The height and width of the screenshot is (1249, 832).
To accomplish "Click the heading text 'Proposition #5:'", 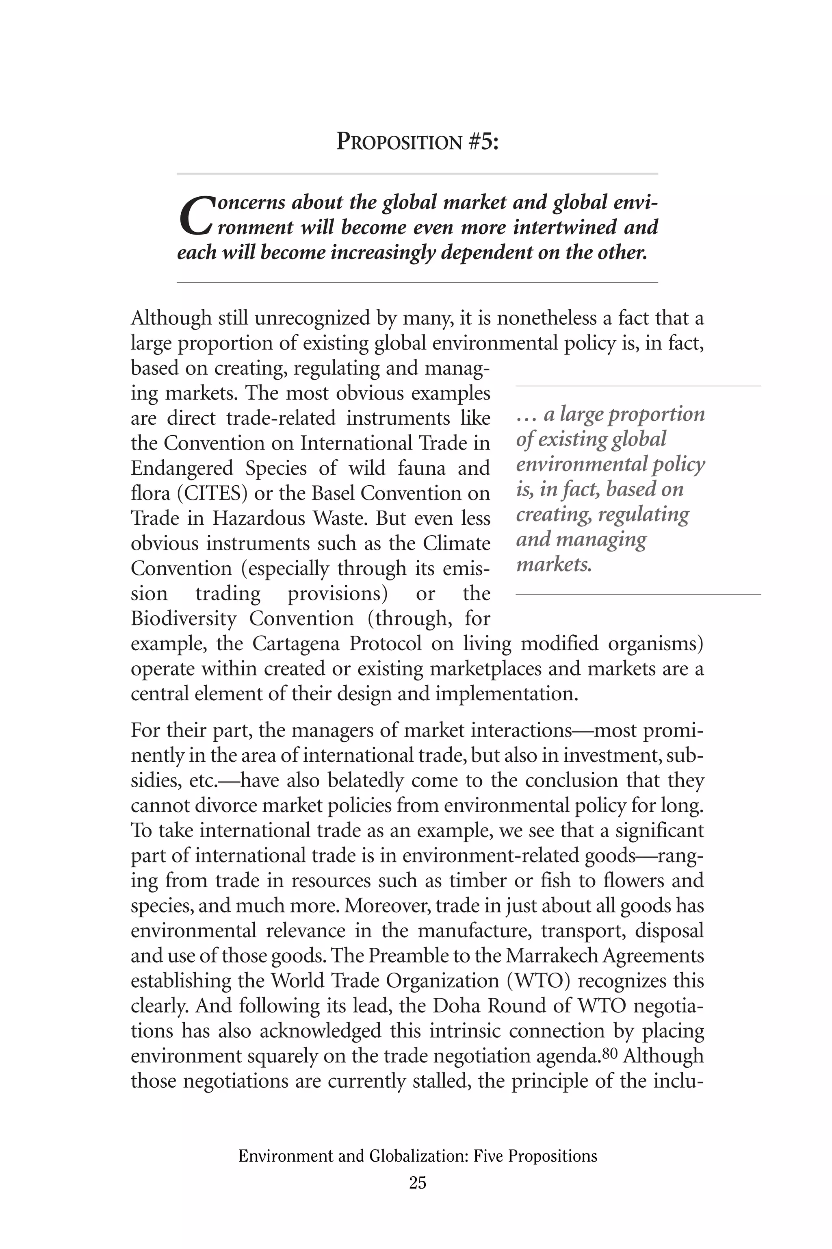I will pyautogui.click(x=418, y=142).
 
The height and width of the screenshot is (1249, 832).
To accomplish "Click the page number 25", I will pyautogui.click(x=417, y=1184).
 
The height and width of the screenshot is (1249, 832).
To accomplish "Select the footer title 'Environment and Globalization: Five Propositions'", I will pyautogui.click(x=418, y=1156).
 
